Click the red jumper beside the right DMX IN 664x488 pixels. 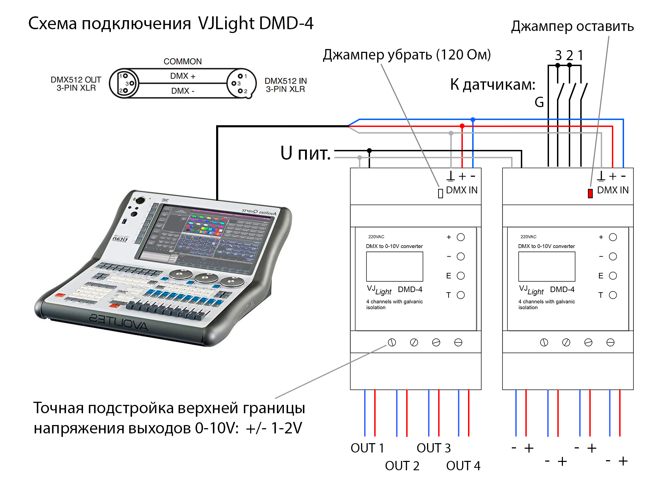(590, 193)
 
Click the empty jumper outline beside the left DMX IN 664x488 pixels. (440, 193)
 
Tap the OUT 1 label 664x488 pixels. (367, 448)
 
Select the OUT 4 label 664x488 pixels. (463, 466)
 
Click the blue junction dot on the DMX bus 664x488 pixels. (473, 120)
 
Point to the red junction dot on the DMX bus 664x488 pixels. (462, 126)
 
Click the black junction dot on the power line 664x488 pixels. (369, 151)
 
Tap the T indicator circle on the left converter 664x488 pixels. (461, 295)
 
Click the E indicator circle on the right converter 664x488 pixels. (613, 276)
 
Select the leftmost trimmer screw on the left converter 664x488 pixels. (392, 342)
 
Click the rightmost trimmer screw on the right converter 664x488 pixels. (610, 342)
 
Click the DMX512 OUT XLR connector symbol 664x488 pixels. (124, 83)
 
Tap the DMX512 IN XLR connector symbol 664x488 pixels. (241, 83)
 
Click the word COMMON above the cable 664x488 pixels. (182, 62)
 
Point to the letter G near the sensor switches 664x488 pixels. (539, 102)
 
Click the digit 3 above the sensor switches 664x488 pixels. (558, 55)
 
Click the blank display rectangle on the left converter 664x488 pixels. (394, 266)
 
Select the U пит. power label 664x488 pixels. (305, 153)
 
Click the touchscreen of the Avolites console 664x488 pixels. (205, 237)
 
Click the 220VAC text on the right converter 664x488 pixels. (528, 237)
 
